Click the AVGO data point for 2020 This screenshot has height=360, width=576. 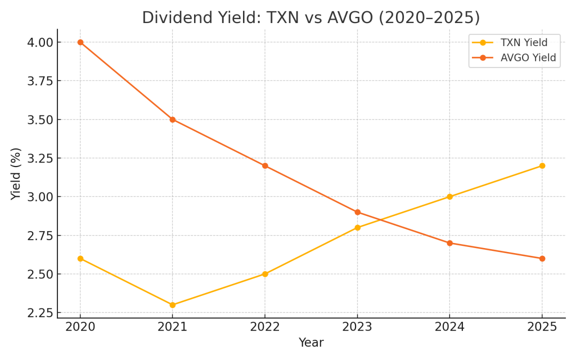point(80,42)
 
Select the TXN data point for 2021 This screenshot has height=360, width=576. point(172,305)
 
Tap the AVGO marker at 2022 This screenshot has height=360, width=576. point(265,166)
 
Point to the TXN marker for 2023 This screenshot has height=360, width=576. point(357,228)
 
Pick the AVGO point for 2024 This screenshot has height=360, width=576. point(449,243)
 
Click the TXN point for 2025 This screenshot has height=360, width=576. point(542,166)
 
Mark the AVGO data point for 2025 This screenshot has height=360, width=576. point(542,259)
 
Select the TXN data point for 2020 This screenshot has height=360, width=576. point(80,259)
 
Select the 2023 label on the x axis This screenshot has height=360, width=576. point(357,327)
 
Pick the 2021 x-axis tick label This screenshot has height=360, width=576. point(172,327)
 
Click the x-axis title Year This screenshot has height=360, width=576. point(310,343)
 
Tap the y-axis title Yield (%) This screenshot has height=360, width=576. point(16,173)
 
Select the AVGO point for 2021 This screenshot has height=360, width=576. point(172,120)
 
